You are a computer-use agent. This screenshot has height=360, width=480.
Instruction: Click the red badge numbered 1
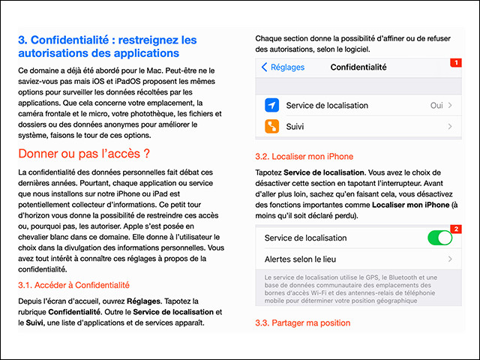[x=454, y=62]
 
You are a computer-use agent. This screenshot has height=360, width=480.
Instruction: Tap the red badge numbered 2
[x=454, y=228]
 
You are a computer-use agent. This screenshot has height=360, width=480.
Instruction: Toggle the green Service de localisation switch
[x=439, y=238]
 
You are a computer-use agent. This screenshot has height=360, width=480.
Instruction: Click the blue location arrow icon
[x=272, y=105]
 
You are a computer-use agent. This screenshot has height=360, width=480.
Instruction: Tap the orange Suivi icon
[x=272, y=127]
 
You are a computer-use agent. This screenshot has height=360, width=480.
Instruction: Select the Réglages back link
[x=283, y=67]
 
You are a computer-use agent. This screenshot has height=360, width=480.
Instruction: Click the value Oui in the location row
[x=436, y=106]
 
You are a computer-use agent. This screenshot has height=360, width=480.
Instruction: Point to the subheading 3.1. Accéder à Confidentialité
[x=73, y=285]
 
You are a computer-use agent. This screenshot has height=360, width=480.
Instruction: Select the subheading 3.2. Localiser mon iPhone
[x=304, y=156]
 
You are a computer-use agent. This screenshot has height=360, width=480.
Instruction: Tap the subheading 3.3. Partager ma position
[x=302, y=322]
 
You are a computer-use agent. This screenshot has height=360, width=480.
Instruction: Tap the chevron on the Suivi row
[x=450, y=127]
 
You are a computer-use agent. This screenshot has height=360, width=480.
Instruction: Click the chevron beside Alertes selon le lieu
[x=450, y=259]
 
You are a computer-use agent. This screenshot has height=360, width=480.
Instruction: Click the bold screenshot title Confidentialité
[x=358, y=67]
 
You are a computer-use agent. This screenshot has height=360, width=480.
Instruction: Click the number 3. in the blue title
[x=23, y=40]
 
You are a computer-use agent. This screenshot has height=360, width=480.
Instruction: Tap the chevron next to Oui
[x=450, y=106]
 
